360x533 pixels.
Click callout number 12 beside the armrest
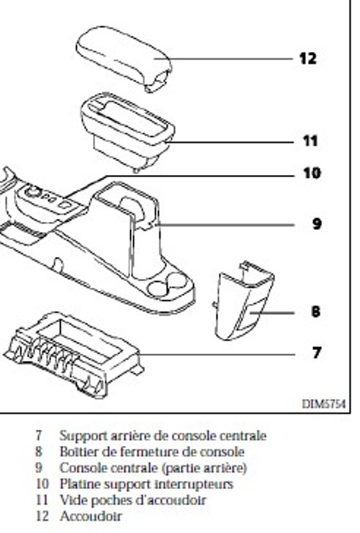tap(308, 58)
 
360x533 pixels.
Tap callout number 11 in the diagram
tap(310, 140)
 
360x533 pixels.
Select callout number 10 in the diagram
tap(312, 173)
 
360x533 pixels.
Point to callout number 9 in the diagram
tap(317, 224)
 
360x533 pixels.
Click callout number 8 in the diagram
tap(316, 311)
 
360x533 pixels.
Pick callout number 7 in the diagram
tap(317, 353)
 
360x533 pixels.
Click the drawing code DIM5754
tap(323, 404)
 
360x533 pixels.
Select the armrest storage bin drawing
tap(127, 132)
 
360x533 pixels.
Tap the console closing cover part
tap(243, 301)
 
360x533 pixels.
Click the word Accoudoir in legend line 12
tap(91, 516)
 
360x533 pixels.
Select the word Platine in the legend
tap(76, 484)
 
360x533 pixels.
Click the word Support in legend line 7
tap(80, 436)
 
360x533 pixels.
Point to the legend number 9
tap(39, 467)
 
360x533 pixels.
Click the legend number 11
tap(42, 500)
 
